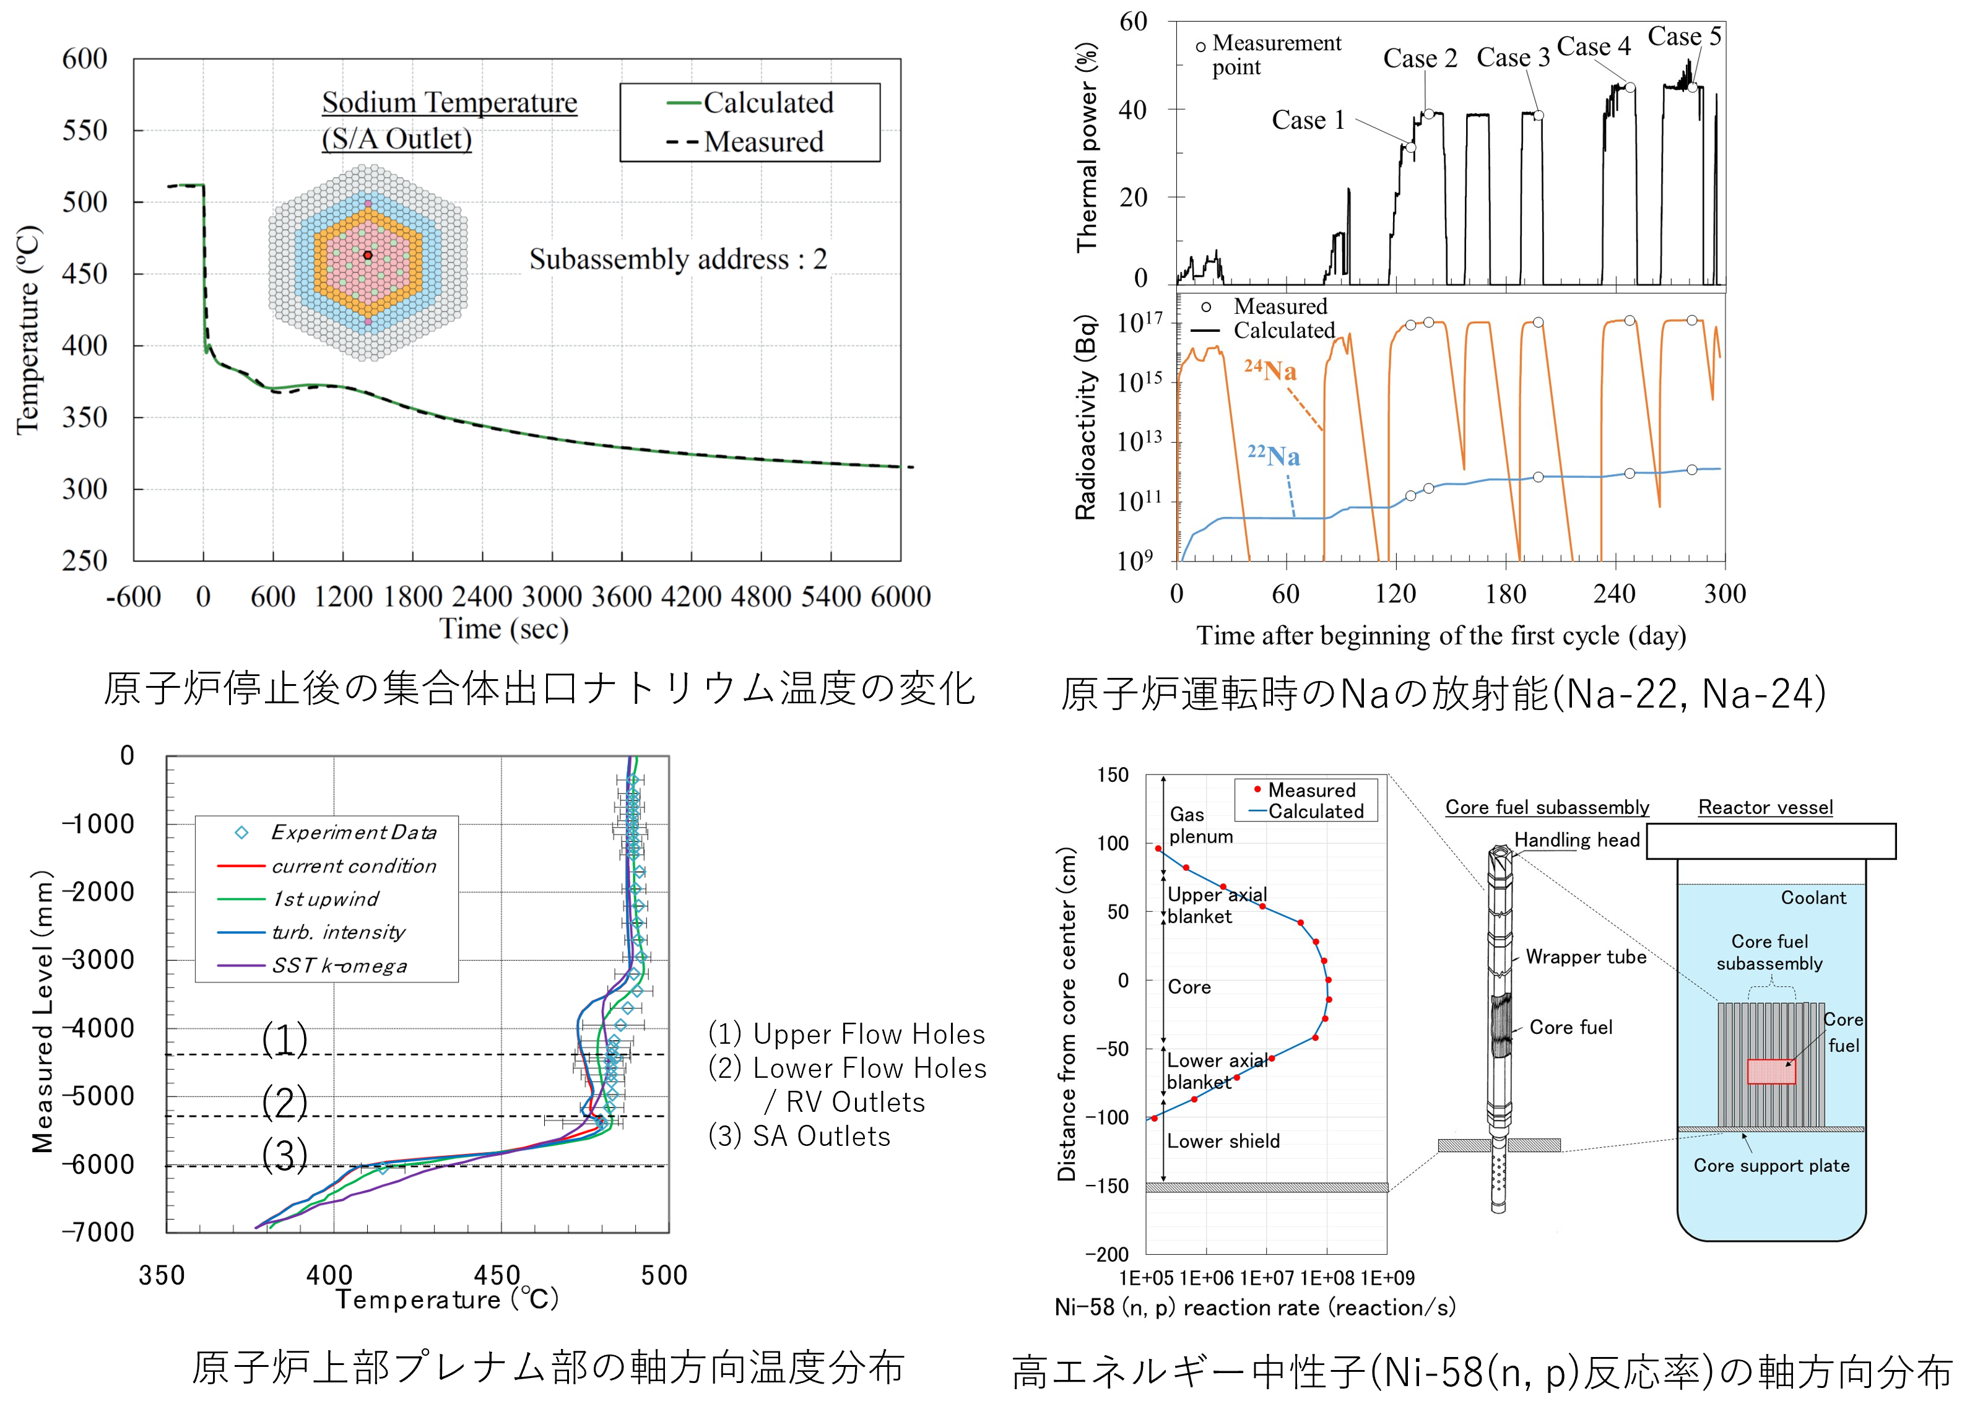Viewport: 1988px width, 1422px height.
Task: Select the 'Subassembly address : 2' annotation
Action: [x=678, y=259]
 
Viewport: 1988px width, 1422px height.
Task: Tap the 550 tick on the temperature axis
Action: [x=85, y=131]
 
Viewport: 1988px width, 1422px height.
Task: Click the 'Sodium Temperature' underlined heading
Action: [x=449, y=102]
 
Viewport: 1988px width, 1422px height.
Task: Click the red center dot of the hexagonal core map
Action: [x=368, y=256]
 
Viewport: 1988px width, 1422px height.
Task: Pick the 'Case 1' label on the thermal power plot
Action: [x=1308, y=120]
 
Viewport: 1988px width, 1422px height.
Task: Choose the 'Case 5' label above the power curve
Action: [x=1683, y=37]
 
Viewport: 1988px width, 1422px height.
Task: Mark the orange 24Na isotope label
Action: [x=1270, y=370]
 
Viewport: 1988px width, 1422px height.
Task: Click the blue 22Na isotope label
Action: [x=1274, y=455]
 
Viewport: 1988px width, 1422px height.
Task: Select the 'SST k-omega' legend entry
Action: [x=339, y=966]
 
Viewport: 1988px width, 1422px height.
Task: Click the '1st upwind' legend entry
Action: [x=325, y=900]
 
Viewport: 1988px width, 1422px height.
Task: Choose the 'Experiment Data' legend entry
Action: [x=353, y=832]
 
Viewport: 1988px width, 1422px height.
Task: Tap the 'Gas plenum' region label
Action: [x=1200, y=825]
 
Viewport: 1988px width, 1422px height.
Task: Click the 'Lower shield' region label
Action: [x=1223, y=1141]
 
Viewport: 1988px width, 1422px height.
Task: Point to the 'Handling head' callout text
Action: [x=1576, y=839]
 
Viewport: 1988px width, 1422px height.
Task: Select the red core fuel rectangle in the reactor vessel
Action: [x=1771, y=1071]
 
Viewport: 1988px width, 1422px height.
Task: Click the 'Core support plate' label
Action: [x=1771, y=1166]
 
